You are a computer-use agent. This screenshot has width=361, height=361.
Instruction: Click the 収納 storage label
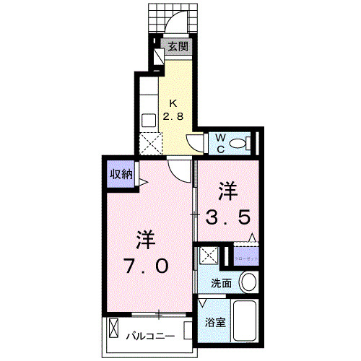[121, 173]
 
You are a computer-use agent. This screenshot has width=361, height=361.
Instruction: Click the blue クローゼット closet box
[245, 256]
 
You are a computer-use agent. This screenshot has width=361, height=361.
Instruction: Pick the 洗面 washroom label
[222, 284]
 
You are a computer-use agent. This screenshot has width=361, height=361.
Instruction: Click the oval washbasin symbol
[248, 282]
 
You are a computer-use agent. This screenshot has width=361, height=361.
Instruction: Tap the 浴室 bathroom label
[217, 322]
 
